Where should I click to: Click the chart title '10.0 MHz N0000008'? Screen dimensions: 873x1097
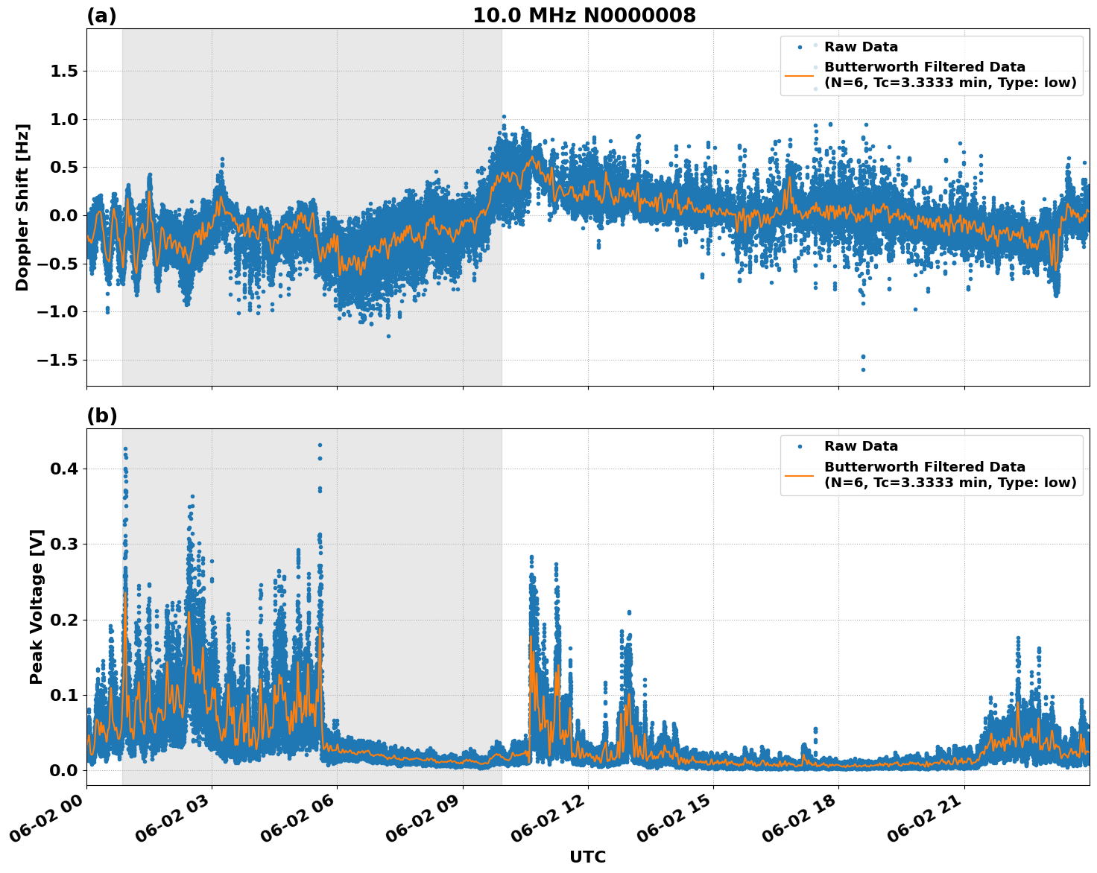(x=584, y=16)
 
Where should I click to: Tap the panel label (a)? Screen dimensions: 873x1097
(x=101, y=16)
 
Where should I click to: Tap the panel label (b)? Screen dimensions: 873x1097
(x=102, y=416)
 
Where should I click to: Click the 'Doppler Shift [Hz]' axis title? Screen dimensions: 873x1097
(x=22, y=207)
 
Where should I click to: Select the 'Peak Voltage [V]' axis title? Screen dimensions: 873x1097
(x=37, y=606)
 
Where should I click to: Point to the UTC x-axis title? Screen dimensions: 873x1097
(x=587, y=857)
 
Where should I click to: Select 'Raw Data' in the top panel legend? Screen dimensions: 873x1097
(x=861, y=47)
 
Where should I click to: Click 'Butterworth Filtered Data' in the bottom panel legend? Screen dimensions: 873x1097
(x=924, y=467)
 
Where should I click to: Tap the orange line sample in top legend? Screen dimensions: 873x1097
(x=800, y=75)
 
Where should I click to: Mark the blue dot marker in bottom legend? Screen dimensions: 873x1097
(x=800, y=446)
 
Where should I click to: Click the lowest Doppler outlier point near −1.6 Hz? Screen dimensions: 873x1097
(x=863, y=369)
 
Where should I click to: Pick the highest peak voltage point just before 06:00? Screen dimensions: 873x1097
(x=320, y=445)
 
